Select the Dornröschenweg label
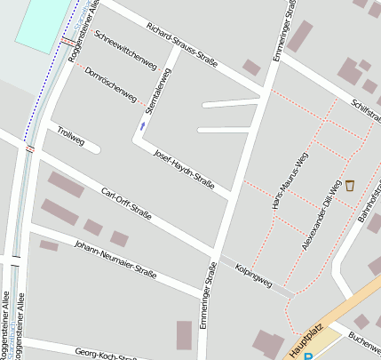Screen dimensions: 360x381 pos(111,84)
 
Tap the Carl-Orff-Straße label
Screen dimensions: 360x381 pos(126,204)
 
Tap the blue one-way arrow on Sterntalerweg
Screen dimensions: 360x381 pos(142,126)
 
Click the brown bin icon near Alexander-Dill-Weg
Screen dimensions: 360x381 pos(349,186)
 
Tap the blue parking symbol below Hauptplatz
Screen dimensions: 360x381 pos(308,356)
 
